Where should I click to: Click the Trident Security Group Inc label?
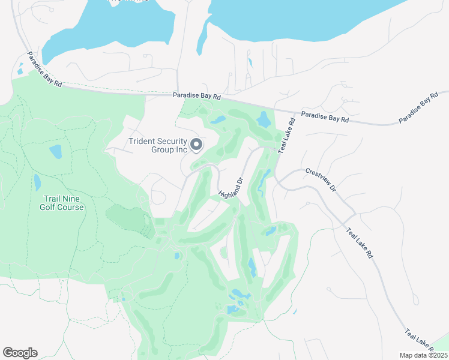[x=158, y=145]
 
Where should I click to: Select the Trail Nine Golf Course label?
[x=62, y=203]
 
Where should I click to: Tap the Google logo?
[x=20, y=352]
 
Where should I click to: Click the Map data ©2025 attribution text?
[x=424, y=355]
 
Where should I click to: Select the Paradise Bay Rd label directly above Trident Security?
[x=197, y=95]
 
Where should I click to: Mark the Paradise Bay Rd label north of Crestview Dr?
[x=325, y=116]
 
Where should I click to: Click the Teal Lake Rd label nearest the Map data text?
[x=420, y=340]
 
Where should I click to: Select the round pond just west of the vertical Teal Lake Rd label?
[x=264, y=119]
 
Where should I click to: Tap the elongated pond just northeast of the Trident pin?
[x=217, y=119]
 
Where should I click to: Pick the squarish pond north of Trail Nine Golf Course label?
[x=55, y=152]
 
